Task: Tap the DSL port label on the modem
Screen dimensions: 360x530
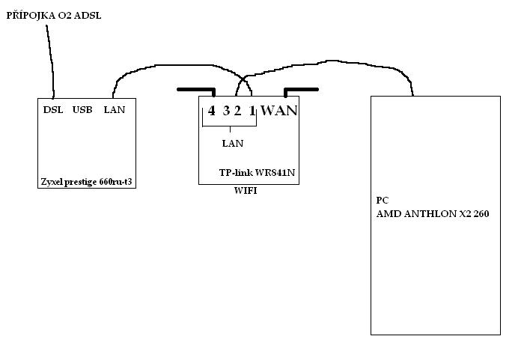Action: [53, 110]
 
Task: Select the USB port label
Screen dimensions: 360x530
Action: [82, 110]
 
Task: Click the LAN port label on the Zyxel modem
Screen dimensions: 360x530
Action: [115, 110]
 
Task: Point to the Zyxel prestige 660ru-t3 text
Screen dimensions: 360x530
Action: [86, 181]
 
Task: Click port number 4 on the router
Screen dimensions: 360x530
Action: [212, 111]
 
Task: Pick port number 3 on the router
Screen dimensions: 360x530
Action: [226, 111]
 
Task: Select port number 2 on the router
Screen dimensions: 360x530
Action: [237, 111]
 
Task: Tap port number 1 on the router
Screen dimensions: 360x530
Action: [252, 111]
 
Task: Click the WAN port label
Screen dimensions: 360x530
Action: [278, 111]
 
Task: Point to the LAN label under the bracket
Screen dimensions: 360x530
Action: [232, 143]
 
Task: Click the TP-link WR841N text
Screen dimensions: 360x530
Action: [257, 171]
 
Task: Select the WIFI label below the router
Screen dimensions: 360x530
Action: [246, 192]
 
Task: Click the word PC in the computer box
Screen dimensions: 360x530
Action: [382, 201]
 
